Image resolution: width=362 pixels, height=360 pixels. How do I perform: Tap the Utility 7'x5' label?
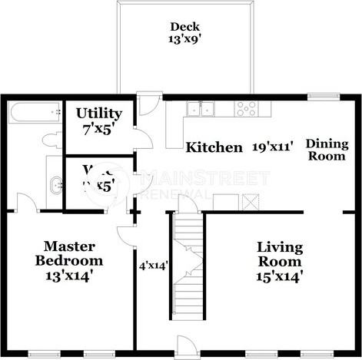(x=98, y=122)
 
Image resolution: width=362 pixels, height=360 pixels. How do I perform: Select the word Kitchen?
(x=214, y=147)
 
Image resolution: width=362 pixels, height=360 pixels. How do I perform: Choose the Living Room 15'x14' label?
(x=280, y=262)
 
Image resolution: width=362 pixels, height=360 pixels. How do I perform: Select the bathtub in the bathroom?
(x=34, y=113)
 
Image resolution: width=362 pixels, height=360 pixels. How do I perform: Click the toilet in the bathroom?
(x=52, y=140)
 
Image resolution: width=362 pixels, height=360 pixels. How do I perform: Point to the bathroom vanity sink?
(x=54, y=185)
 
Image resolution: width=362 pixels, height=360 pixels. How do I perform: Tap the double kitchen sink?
(x=202, y=108)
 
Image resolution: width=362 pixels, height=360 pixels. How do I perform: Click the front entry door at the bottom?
(x=186, y=346)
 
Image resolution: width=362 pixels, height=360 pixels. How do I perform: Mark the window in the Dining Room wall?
(x=319, y=96)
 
